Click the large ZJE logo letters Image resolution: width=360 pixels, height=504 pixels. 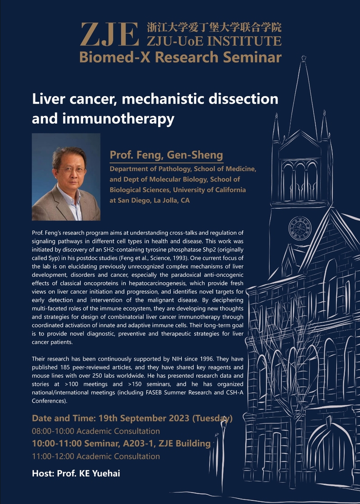pyautogui.click(x=109, y=34)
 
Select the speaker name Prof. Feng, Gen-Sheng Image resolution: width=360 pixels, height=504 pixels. pyautogui.click(x=166, y=155)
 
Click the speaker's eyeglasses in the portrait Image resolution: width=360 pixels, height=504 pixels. pyautogui.click(x=72, y=170)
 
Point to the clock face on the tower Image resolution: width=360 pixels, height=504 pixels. pyautogui.click(x=300, y=228)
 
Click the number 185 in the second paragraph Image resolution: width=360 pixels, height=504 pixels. pyautogui.click(x=64, y=367)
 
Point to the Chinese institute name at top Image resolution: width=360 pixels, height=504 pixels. pyautogui.click(x=214, y=27)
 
